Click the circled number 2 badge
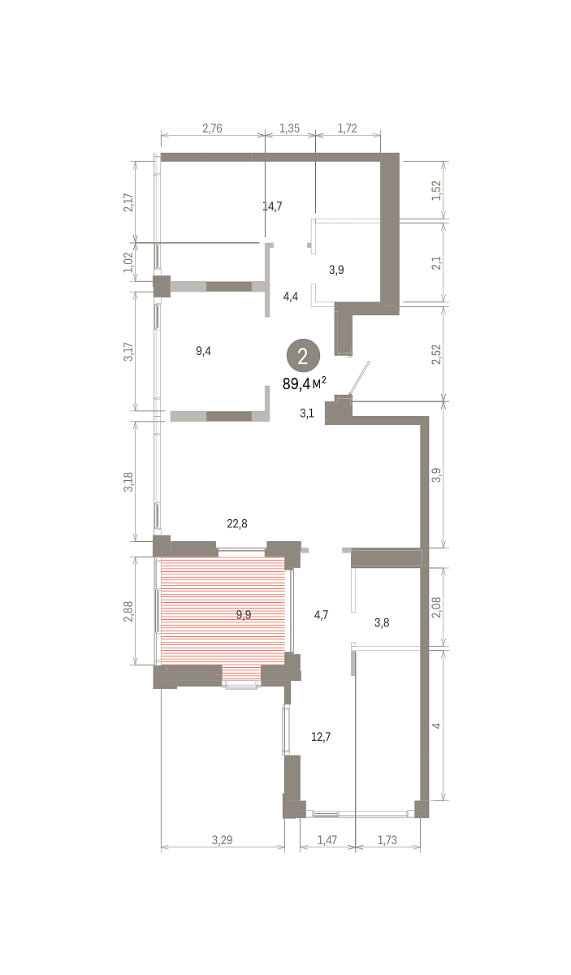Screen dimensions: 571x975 coord(303,356)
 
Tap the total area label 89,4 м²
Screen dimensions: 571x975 coord(304,383)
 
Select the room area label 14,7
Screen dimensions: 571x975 coord(272,206)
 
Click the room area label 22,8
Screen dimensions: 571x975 coord(237,523)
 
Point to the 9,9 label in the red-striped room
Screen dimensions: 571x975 coord(244,614)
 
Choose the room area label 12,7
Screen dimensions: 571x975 coord(321,736)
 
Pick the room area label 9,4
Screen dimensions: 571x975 coord(203,350)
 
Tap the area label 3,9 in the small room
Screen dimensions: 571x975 coord(336,270)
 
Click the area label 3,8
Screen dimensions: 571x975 coord(382,622)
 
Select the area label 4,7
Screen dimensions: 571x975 coord(321,614)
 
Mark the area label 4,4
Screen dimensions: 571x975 coord(291,297)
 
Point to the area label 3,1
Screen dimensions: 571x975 coord(307,413)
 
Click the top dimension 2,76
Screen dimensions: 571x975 coord(212,128)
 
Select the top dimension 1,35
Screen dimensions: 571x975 coord(289,128)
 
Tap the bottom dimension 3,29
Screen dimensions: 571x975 coord(222,839)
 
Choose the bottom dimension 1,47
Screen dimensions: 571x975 coord(327,839)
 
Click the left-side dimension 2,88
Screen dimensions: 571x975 coord(128,611)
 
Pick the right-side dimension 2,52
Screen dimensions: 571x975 coord(436,354)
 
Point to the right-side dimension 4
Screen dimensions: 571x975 coord(436,726)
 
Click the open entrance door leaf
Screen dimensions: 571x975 coord(360,378)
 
